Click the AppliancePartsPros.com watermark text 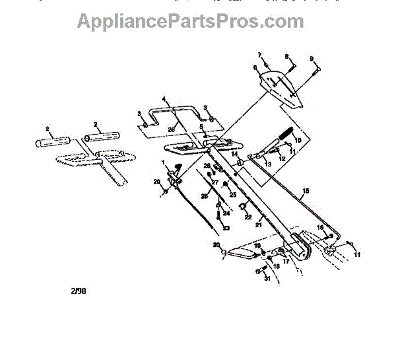point(190,21)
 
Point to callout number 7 point(259,54)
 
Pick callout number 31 point(267,278)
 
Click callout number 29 point(156,182)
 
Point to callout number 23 point(226,228)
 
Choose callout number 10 point(298,141)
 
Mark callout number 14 point(234,153)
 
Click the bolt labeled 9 point(316,68)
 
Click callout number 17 point(286,261)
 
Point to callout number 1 point(163,162)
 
